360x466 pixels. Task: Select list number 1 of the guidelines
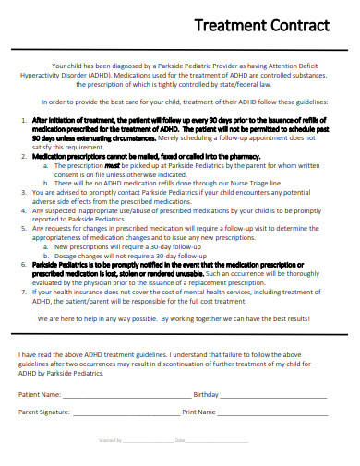(23, 120)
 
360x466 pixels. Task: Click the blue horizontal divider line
(180, 337)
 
